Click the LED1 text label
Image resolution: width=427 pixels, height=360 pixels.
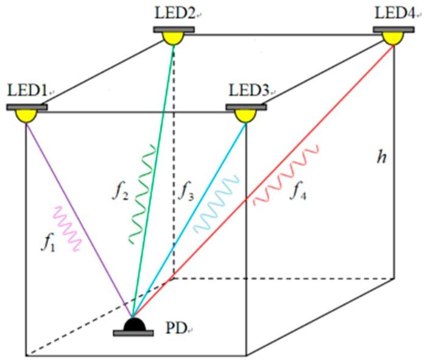tap(27, 91)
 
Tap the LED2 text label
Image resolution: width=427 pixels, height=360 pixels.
tap(174, 12)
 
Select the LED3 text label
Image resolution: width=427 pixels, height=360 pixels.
tap(249, 91)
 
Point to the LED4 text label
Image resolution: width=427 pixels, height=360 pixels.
tap(395, 12)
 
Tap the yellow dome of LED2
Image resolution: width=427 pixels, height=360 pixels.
tap(173, 38)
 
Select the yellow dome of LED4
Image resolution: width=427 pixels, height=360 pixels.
tap(393, 38)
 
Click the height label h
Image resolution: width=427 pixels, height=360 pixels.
tap(382, 157)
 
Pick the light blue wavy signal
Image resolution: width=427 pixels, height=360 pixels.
tap(217, 204)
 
